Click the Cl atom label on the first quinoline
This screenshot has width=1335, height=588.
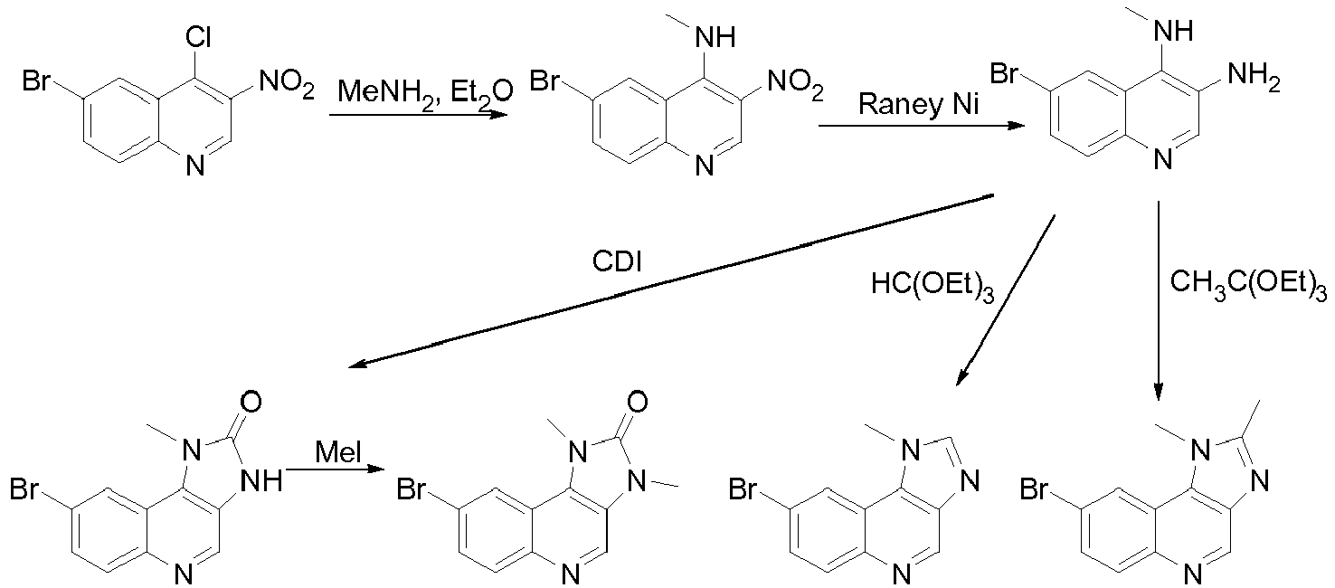pos(198,37)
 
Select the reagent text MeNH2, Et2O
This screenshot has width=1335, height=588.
pos(425,93)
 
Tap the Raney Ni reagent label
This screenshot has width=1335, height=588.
pos(918,105)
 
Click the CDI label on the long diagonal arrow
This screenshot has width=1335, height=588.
pos(617,261)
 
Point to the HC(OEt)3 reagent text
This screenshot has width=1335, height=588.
pos(933,286)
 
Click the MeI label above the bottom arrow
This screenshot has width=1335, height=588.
pos(338,452)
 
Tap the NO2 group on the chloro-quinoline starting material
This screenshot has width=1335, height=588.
pos(287,84)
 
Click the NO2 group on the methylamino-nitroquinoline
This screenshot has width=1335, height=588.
pos(796,84)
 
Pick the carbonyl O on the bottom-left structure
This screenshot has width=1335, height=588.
pos(251,402)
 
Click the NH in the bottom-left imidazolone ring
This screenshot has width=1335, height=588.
pos(260,480)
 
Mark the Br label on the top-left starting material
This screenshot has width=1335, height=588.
pos(36,81)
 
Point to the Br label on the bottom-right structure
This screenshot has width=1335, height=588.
pos(1034,489)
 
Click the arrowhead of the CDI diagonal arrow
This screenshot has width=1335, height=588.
pos(356,363)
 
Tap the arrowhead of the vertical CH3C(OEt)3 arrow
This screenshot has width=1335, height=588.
pos(1158,391)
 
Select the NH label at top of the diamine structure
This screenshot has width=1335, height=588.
pos(1173,30)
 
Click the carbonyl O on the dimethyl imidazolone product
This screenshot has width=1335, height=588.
pos(637,402)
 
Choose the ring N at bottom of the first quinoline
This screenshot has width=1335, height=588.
pos(194,166)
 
